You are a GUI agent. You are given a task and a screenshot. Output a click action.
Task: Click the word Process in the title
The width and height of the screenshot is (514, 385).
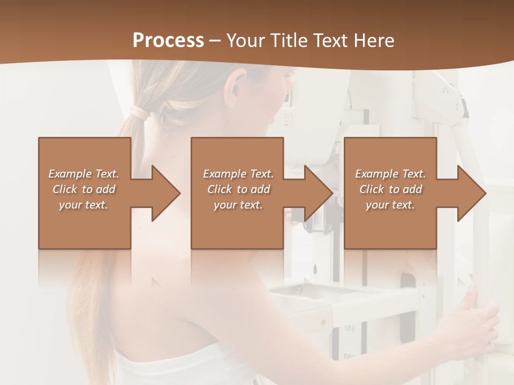(x=168, y=41)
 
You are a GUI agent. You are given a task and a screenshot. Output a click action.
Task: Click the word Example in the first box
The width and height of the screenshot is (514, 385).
(x=70, y=174)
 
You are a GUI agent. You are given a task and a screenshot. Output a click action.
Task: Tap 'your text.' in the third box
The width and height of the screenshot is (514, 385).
(x=390, y=205)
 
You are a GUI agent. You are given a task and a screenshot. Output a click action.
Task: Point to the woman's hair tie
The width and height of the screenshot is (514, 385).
(x=139, y=113)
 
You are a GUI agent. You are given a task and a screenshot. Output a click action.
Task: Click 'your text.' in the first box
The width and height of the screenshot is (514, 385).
(x=83, y=205)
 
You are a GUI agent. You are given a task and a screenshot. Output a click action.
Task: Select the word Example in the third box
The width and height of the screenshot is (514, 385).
(x=376, y=174)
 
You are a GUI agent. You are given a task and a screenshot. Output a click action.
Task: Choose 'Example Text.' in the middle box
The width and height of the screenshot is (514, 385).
(x=238, y=174)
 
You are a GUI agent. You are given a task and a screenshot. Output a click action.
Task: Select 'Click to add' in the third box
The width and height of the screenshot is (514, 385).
(x=390, y=189)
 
